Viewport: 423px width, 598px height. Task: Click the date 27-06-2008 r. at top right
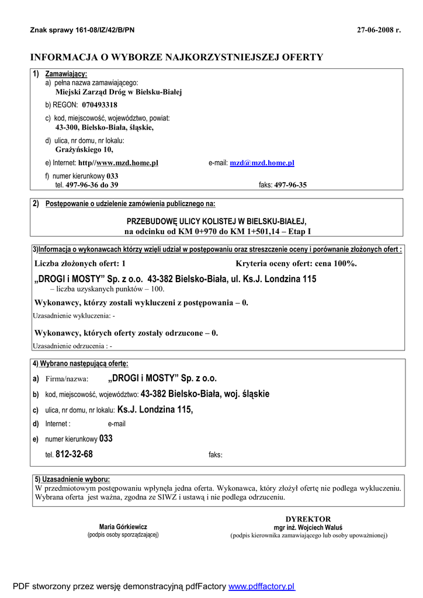(x=379, y=30)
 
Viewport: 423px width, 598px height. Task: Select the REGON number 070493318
(x=99, y=105)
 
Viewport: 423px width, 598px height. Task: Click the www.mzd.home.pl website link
(x=127, y=164)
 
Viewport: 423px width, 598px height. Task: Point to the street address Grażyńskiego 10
(x=84, y=149)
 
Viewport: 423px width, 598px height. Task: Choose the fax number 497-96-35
(x=290, y=185)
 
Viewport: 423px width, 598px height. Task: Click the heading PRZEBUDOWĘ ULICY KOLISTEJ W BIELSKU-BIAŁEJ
(x=216, y=222)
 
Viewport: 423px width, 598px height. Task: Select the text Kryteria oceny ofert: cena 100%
(x=296, y=263)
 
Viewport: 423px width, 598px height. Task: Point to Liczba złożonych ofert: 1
(x=80, y=263)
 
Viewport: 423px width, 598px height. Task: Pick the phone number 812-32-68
(x=74, y=454)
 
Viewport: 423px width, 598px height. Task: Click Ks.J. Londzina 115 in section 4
(x=155, y=409)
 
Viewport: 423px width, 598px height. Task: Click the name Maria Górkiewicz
(x=123, y=526)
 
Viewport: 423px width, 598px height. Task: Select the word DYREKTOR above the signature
(x=308, y=519)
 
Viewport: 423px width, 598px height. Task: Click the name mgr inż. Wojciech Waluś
(x=308, y=527)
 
